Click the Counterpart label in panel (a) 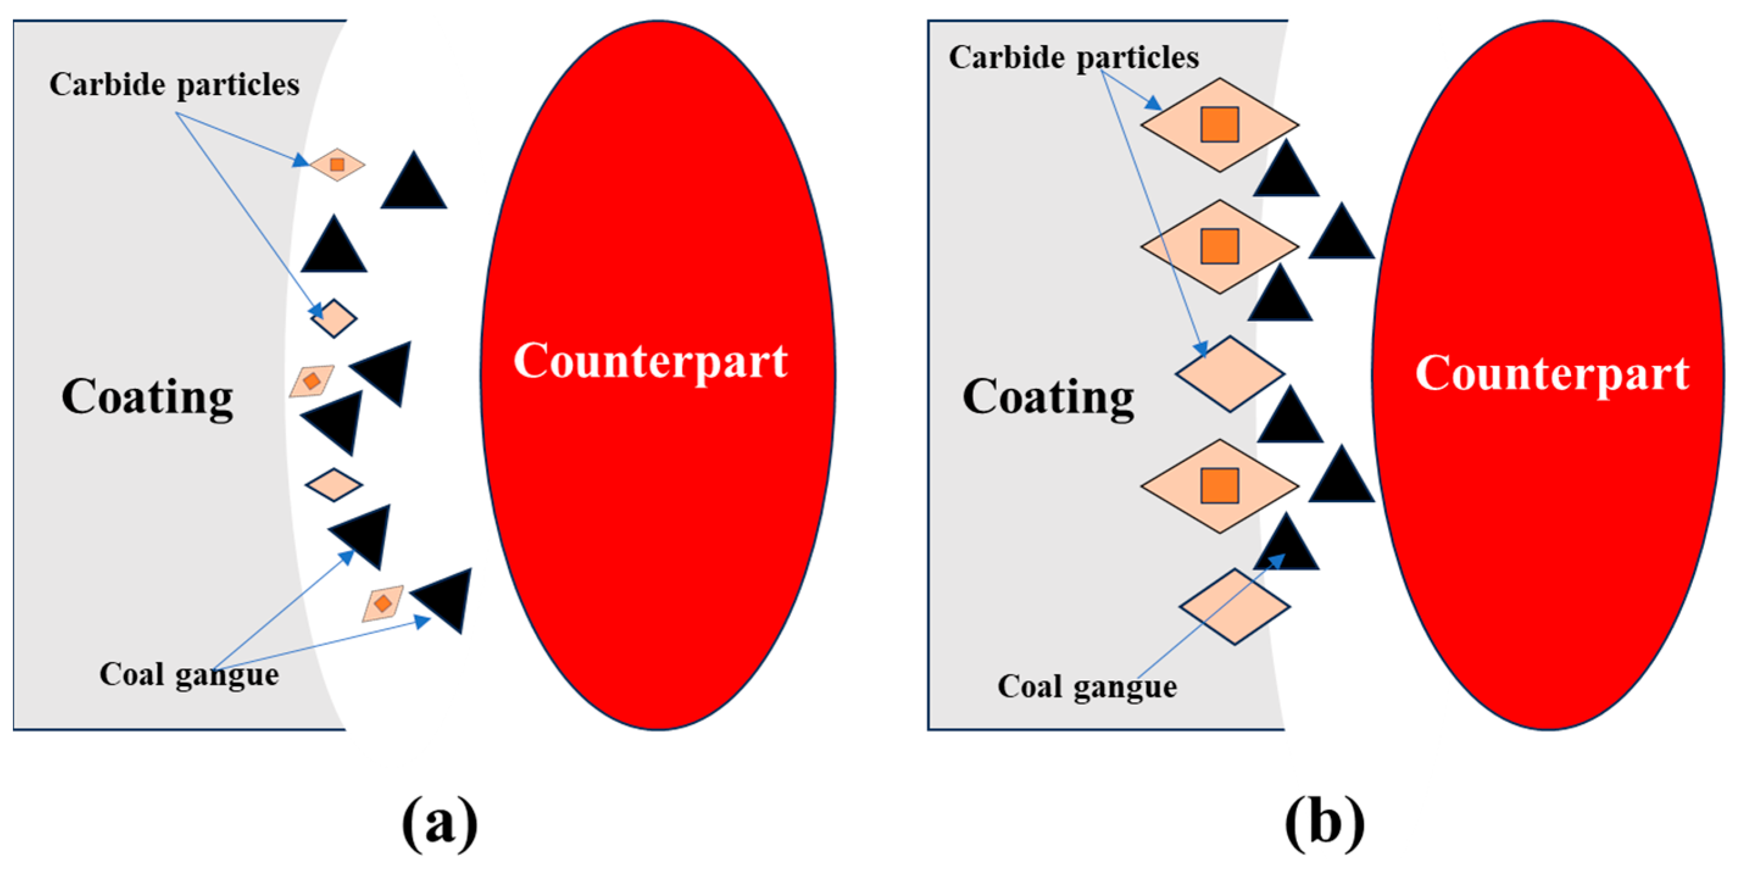[650, 361]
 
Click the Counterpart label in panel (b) [1552, 373]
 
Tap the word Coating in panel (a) [147, 397]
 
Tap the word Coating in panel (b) [1048, 397]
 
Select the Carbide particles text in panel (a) [174, 85]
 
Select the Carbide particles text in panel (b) [1073, 58]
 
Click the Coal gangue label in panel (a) [189, 674]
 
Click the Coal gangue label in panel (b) [1087, 687]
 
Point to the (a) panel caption [439, 822]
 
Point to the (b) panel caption [1324, 822]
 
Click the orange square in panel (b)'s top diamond [1219, 125]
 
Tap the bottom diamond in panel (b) [1235, 606]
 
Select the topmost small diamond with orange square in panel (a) [336, 165]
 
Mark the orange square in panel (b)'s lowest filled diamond [1219, 486]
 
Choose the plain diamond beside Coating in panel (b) [1229, 374]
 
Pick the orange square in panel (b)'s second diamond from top [1219, 246]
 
